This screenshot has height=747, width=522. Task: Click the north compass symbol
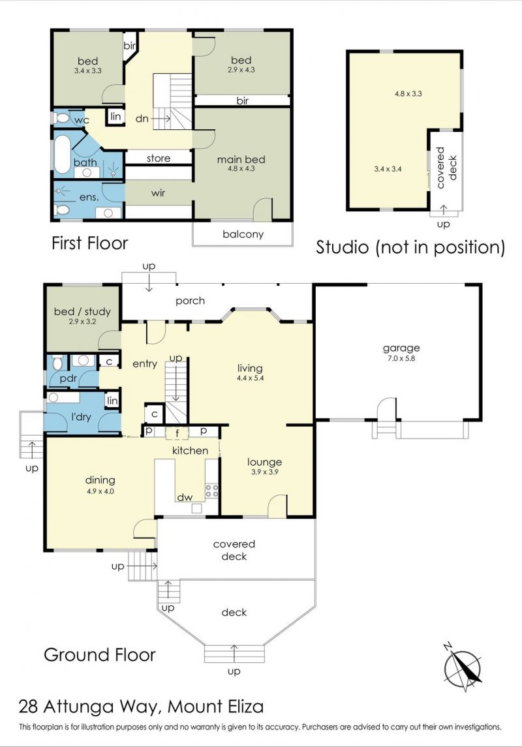tap(462, 667)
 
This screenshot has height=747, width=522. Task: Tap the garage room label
tap(401, 348)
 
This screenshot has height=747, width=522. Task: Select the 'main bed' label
tap(241, 159)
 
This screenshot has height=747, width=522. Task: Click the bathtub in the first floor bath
tap(61, 155)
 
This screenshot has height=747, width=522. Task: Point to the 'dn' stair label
tap(142, 118)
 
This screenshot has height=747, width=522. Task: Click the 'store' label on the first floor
tap(159, 158)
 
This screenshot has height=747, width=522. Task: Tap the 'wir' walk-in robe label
tap(158, 193)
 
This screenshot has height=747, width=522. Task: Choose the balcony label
tap(243, 234)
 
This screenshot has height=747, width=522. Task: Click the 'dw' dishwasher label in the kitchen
tap(185, 497)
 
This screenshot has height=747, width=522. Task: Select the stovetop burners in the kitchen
tap(212, 491)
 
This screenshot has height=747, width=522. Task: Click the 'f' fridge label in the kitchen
tap(177, 434)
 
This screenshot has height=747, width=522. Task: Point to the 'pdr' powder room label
tap(69, 379)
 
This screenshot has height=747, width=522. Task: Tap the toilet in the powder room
tap(57, 363)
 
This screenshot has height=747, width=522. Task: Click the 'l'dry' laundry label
tap(81, 417)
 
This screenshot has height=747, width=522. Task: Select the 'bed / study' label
tap(82, 312)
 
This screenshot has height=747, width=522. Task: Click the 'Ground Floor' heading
tap(100, 654)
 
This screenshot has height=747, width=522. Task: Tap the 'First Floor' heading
tap(89, 243)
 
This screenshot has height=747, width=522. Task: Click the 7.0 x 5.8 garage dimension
tap(401, 359)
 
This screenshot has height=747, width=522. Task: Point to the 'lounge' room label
tap(264, 462)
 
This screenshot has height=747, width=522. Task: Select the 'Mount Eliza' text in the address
tap(216, 706)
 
